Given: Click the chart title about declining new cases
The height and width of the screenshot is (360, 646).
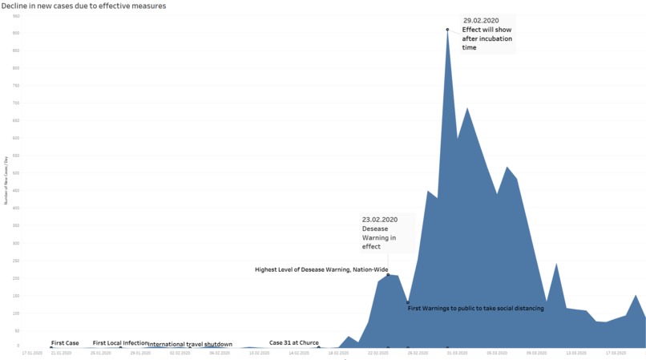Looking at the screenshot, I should click(84, 6).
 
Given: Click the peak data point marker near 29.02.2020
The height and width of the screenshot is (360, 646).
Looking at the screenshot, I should click(447, 30).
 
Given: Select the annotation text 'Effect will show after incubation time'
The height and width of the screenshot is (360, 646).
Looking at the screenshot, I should click(487, 38).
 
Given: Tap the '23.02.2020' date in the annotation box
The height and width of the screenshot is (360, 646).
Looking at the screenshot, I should click(380, 220).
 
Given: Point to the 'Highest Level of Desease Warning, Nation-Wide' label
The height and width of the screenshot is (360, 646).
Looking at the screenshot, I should click(321, 269).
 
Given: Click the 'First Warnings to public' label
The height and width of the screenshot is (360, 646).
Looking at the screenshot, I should click(475, 308).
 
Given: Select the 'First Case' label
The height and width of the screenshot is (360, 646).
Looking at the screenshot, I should click(65, 343).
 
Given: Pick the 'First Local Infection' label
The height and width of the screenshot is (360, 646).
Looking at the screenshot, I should click(120, 343).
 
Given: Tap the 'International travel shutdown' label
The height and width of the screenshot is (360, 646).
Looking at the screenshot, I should click(190, 344).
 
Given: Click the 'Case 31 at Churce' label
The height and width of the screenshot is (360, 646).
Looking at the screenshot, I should click(293, 343).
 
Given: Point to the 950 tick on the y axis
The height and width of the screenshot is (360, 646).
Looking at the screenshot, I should click(17, 15).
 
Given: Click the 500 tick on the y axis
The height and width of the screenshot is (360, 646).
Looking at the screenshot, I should click(17, 172).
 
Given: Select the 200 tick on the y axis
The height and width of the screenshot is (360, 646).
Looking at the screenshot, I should click(17, 277).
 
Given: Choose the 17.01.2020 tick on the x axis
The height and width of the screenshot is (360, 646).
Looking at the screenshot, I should click(32, 353).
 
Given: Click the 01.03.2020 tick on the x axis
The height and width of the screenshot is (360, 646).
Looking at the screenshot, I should click(458, 353).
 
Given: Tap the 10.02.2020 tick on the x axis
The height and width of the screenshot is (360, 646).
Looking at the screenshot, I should click(258, 353).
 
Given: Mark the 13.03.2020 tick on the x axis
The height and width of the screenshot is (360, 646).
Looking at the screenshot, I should click(576, 353).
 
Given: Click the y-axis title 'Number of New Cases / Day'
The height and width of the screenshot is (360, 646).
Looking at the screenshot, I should click(6, 181).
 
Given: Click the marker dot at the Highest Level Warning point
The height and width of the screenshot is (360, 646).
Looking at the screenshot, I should click(388, 275).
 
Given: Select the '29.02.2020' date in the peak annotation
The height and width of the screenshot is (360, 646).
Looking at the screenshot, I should click(481, 20).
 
